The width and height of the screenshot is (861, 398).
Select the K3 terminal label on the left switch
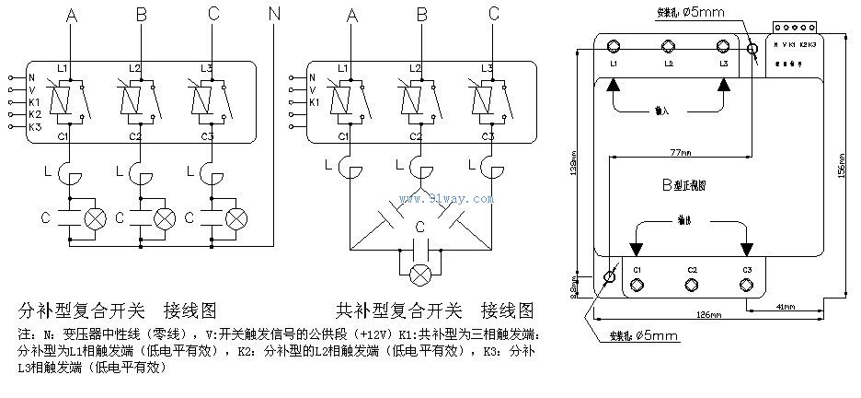[x=35, y=126]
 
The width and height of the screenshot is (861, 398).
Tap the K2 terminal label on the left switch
[x=35, y=114]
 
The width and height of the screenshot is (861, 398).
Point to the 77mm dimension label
[x=680, y=152]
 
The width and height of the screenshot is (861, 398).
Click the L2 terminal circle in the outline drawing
[x=668, y=46]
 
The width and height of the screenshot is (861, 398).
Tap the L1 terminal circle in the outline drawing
[x=614, y=46]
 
